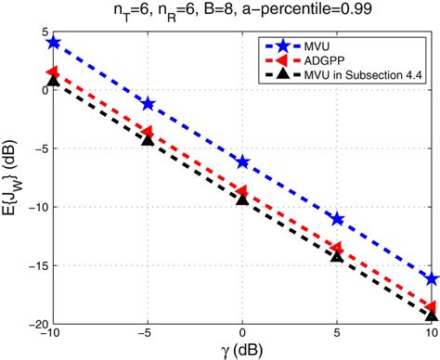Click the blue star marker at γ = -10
point(53,43)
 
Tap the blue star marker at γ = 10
point(432,278)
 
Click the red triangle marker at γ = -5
point(148,132)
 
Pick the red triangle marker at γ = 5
point(337,248)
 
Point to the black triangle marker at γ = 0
point(242,199)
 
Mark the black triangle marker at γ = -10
point(53,81)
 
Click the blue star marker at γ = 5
point(337,219)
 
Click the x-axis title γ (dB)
point(241,351)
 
